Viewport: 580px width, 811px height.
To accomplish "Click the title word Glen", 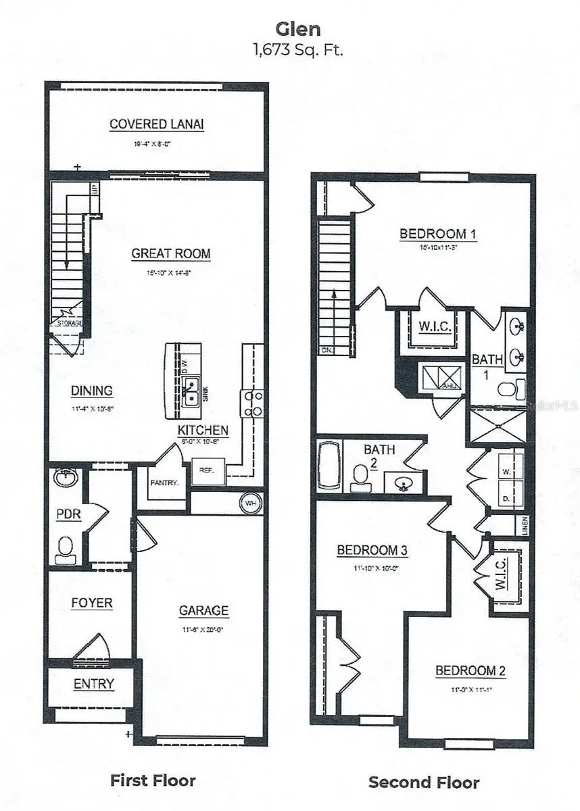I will [x=289, y=29].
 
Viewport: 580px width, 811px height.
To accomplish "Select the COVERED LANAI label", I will [x=157, y=124].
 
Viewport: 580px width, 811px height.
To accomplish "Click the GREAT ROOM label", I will [x=170, y=254].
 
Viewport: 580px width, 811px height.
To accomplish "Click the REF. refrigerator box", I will [x=203, y=471].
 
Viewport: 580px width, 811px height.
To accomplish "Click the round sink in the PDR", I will [x=65, y=477].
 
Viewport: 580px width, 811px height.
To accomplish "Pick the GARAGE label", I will [x=203, y=611].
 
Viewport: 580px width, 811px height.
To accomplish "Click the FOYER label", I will [x=92, y=603].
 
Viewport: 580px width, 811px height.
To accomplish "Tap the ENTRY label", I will [x=93, y=684].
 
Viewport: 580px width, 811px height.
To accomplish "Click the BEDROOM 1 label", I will [x=433, y=235].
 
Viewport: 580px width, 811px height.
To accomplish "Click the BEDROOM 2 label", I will [x=470, y=671].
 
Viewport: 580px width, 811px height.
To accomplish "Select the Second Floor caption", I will [x=424, y=783].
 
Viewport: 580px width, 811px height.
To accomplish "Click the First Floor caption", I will [x=153, y=781].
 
